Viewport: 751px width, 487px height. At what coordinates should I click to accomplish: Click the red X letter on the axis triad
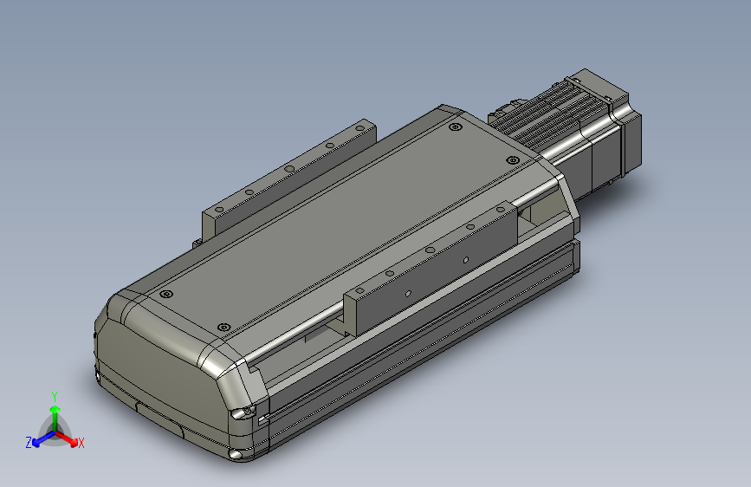81,443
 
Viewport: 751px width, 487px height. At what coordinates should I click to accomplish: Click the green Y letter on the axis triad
55,395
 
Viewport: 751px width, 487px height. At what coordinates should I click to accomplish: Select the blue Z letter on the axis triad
29,443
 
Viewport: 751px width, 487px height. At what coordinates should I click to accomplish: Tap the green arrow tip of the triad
55,408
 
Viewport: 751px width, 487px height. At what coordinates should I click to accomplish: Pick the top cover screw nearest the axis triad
162,295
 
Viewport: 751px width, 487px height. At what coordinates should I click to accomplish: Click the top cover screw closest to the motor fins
512,160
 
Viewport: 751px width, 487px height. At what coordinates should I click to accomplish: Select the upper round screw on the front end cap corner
249,410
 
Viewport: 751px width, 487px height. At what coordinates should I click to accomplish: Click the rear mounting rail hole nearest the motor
357,128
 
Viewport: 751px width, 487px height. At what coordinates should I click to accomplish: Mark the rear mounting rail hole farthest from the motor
218,209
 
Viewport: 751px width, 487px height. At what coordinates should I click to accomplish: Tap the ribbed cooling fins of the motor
554,113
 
